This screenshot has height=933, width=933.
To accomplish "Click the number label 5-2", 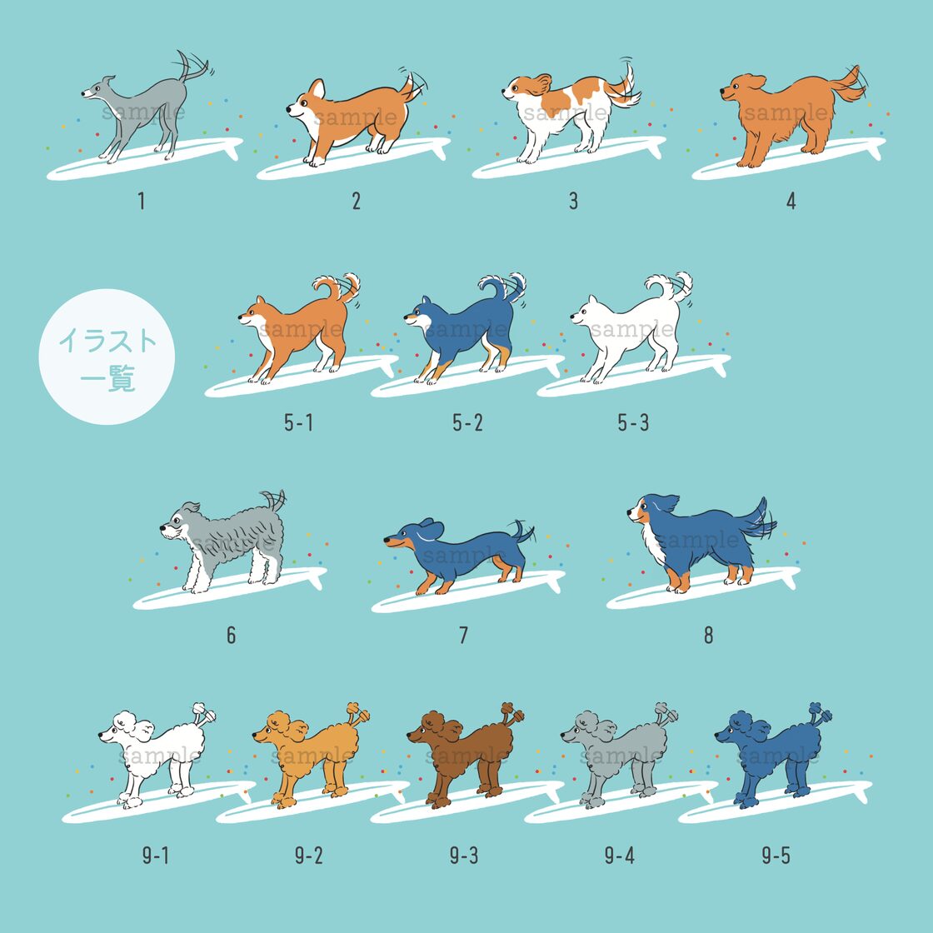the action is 467,422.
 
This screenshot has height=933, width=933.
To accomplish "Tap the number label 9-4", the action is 620,855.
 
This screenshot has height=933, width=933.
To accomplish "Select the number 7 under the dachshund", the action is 463,636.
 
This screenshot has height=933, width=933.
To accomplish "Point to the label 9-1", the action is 155,855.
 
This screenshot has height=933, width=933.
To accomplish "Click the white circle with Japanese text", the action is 107,357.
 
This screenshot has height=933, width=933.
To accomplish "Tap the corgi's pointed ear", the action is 317,89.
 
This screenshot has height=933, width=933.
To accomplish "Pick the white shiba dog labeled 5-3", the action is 632,328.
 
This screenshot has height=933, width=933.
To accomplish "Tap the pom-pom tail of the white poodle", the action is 202,712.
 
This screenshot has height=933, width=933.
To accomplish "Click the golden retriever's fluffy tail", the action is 847,85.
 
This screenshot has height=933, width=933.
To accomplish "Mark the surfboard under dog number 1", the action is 145,158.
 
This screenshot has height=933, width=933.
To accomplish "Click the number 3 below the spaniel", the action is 573,201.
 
